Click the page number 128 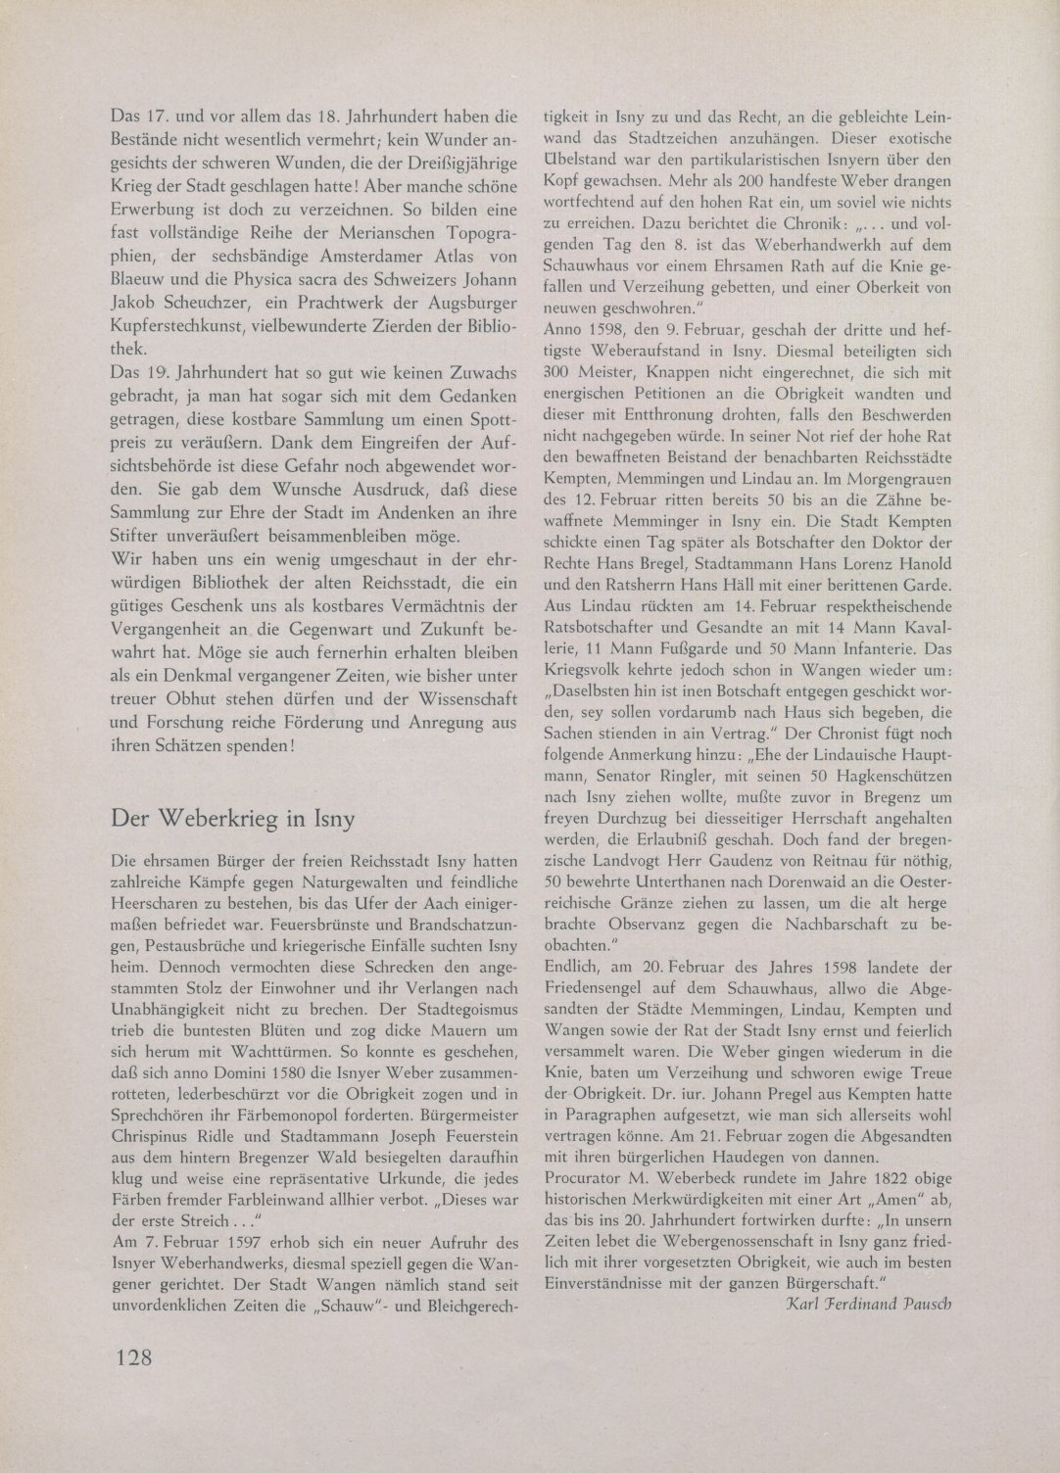[x=131, y=1356]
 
